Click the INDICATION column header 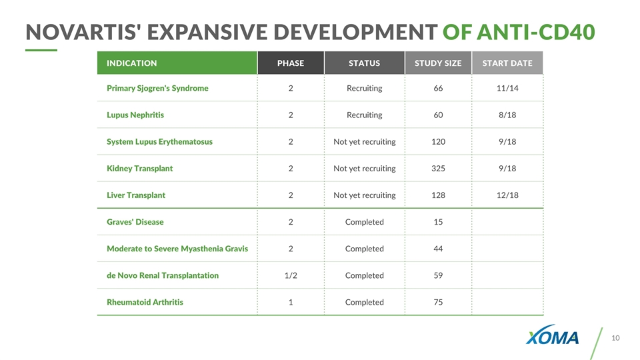pyautogui.click(x=132, y=63)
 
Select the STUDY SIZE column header pyautogui.click(x=438, y=63)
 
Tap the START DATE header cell pyautogui.click(x=507, y=63)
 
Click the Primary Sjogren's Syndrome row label pyautogui.click(x=157, y=88)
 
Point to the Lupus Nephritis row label pyautogui.click(x=135, y=115)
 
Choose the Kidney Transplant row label pyautogui.click(x=139, y=168)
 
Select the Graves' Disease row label pyautogui.click(x=135, y=221)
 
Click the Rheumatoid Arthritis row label pyautogui.click(x=145, y=302)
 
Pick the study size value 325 pyautogui.click(x=438, y=168)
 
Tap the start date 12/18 pyautogui.click(x=507, y=195)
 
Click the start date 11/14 pyautogui.click(x=507, y=88)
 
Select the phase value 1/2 pyautogui.click(x=291, y=275)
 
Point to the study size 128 pyautogui.click(x=438, y=195)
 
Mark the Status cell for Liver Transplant pyautogui.click(x=364, y=195)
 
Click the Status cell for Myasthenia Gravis pyautogui.click(x=364, y=249)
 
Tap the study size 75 pyautogui.click(x=438, y=302)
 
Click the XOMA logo pyautogui.click(x=553, y=337)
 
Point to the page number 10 pyautogui.click(x=615, y=338)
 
